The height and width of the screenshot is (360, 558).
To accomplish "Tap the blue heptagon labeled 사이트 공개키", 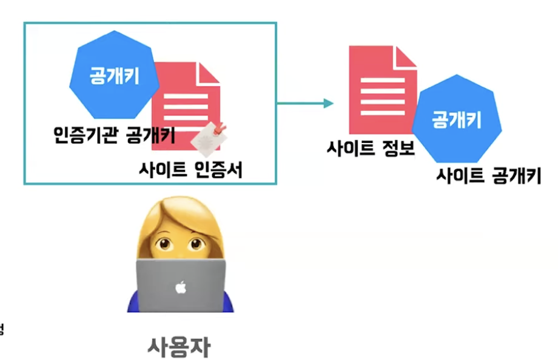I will [x=457, y=121].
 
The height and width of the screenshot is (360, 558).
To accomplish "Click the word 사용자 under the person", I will [x=180, y=346].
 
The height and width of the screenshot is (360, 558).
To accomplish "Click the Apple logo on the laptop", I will [x=180, y=286].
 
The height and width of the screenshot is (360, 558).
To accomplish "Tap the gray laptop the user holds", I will [x=180, y=285].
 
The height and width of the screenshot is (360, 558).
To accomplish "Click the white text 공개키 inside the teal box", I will [x=115, y=76].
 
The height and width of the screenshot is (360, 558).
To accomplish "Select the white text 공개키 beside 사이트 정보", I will [x=457, y=120].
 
